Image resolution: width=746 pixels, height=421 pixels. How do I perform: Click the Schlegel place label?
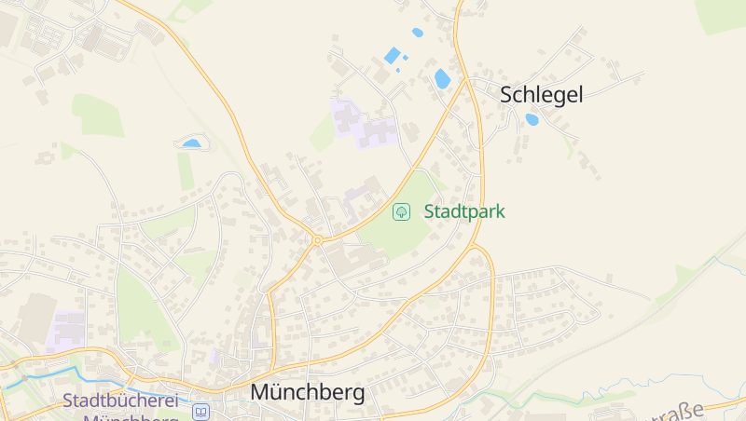541,94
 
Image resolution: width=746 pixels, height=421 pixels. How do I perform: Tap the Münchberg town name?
307,393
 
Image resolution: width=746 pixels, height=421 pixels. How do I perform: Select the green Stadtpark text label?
464,211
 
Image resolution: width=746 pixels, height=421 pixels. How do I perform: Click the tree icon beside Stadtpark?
401,211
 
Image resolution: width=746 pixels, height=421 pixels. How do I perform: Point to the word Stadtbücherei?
121,401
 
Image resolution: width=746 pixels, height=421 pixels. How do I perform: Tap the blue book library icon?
201,411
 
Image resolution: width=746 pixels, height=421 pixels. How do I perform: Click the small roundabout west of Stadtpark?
317,240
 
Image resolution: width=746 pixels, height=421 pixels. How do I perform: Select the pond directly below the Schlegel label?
532,119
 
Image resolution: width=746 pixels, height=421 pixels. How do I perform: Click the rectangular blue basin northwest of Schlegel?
392,55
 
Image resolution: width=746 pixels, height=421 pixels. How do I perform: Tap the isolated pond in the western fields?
191,143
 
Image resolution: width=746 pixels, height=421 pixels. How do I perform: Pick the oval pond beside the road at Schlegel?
442,79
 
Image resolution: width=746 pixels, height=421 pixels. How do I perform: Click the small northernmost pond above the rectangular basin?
417,33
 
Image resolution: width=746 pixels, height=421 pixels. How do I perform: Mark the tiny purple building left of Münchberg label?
215,356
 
